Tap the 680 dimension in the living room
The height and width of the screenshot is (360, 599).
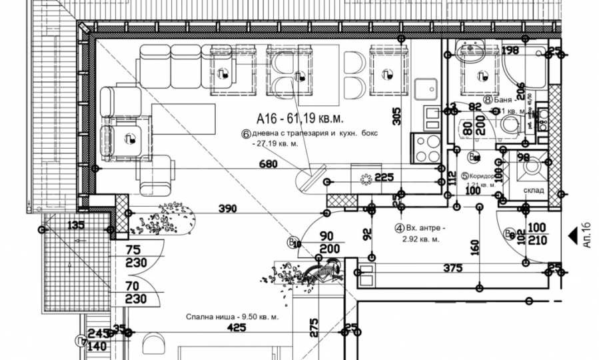268,164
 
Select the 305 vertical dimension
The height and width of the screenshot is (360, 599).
397,117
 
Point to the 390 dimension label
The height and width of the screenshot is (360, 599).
229,209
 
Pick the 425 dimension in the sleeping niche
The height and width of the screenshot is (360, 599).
237,328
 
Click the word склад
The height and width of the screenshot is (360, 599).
532,190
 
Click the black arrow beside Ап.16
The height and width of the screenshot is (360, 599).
572,235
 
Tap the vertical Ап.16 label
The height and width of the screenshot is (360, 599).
586,235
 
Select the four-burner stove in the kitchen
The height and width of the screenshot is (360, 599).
426,148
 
